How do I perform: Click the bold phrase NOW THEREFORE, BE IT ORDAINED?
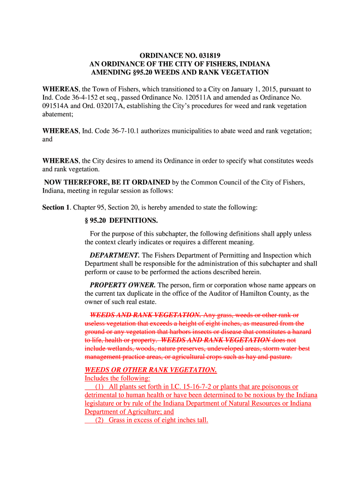(x=107, y=182)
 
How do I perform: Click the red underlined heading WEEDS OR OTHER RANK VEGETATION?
(x=151, y=370)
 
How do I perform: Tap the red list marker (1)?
(x=99, y=386)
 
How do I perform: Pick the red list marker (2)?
(x=99, y=420)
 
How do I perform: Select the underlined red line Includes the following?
(x=117, y=378)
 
